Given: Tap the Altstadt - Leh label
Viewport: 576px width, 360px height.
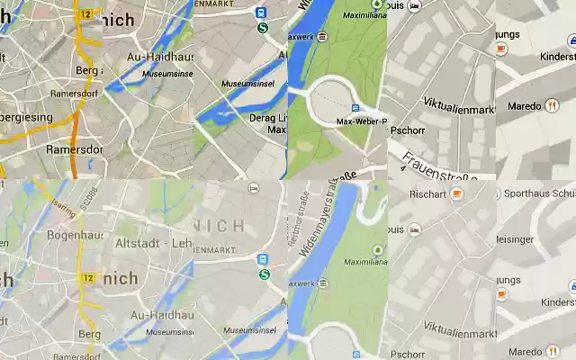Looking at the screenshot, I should coord(153,243).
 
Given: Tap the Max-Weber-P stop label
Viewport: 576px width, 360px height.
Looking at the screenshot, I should coord(361,121).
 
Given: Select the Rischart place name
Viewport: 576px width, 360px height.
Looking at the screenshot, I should coord(427,193).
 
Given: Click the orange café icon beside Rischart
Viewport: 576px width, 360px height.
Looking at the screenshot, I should coord(457,193).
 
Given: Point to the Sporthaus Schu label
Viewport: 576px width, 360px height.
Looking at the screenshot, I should coord(539,193).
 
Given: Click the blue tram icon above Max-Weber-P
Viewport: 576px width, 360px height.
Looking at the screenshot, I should coord(355,108).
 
